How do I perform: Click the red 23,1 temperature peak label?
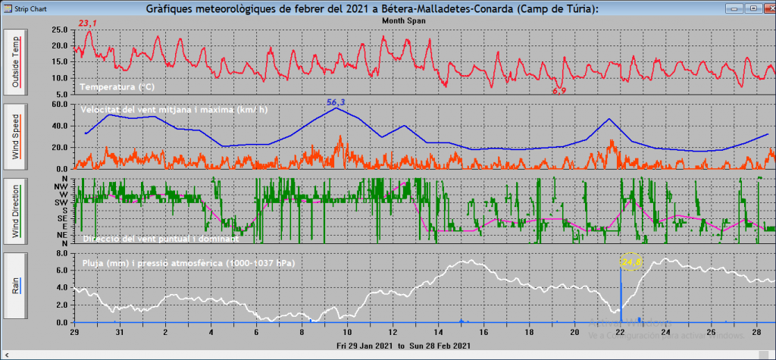point(89,24)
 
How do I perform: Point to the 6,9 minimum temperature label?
point(559,91)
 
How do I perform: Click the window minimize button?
point(733,7)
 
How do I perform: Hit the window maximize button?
point(749,7)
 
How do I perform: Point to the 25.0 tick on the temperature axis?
point(58,30)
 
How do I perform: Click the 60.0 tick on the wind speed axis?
point(58,105)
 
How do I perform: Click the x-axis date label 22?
point(620,332)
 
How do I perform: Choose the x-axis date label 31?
point(120,332)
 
